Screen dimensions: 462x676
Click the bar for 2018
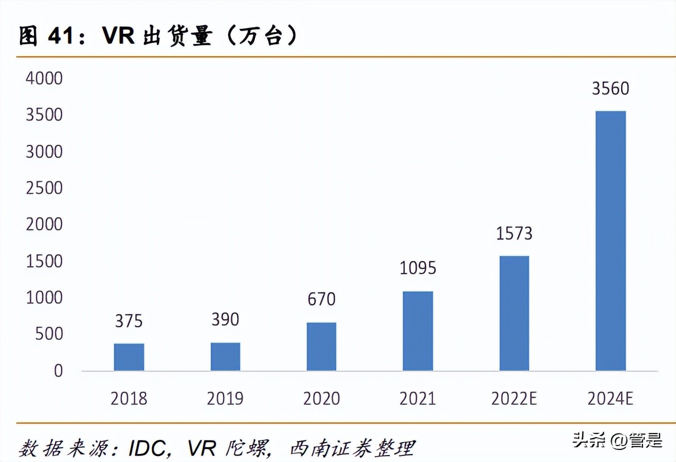pos(129,357)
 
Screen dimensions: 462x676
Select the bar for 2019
pos(225,357)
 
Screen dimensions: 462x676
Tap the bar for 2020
pos(322,347)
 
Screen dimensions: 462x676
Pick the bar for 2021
pos(418,331)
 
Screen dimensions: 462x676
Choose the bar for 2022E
pos(514,313)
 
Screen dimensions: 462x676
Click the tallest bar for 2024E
pos(611,241)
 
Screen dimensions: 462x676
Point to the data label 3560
pos(611,89)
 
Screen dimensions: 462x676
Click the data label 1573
pos(514,233)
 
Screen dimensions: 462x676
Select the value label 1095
pos(418,268)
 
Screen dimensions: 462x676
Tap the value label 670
pos(322,299)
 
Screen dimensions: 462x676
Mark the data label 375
pos(129,321)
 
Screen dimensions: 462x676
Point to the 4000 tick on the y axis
pos(44,78)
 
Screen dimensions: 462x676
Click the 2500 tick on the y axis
pos(44,188)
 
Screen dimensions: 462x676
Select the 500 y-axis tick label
pos(49,334)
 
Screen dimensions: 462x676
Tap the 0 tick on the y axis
pos(58,371)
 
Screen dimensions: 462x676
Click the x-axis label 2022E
pos(514,399)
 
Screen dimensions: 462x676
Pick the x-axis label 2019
pos(225,399)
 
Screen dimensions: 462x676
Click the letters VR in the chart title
pos(118,36)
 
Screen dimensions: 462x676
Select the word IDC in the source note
pos(147,449)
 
